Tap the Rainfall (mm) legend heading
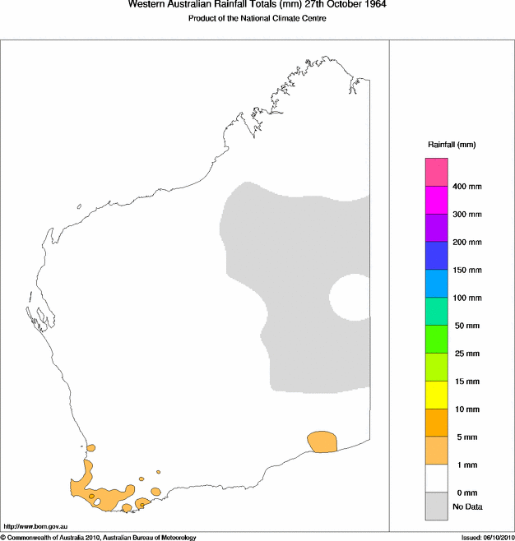click(x=452, y=145)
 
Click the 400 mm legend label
click(x=467, y=187)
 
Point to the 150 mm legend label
click(x=467, y=270)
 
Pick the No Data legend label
click(x=467, y=506)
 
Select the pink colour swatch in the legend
click(x=436, y=172)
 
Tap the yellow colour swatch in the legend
click(x=436, y=395)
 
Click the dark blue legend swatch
click(x=436, y=256)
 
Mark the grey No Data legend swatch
click(x=436, y=506)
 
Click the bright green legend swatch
click(x=436, y=339)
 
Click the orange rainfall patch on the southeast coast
click(x=322, y=442)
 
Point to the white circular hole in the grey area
click(x=351, y=297)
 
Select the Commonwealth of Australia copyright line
click(x=99, y=537)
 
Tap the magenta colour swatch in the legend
click(x=436, y=200)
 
